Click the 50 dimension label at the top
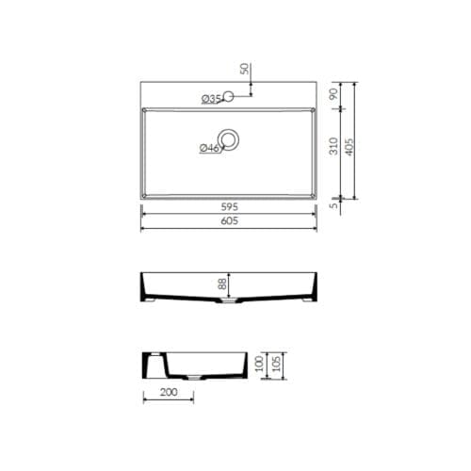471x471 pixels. tap(244, 69)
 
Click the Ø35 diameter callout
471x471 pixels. tap(211, 99)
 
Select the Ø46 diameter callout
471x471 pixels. tap(209, 148)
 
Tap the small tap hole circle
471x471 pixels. tap(229, 96)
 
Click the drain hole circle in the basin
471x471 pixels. tap(229, 139)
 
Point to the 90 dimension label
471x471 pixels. tap(333, 94)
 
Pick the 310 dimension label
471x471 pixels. tap(333, 146)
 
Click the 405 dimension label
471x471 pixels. tap(349, 147)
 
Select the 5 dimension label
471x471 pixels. tap(334, 205)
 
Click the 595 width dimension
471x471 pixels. tap(230, 207)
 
